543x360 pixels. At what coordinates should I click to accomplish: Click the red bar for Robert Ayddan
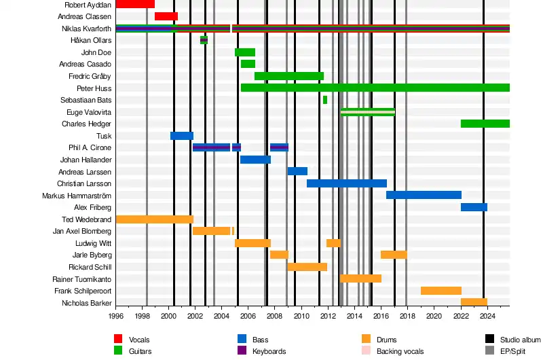pos(135,4)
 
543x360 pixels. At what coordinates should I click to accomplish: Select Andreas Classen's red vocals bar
pos(166,16)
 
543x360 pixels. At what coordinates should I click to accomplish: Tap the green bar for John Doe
pos(245,52)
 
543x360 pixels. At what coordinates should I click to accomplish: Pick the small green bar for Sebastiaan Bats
pos(325,100)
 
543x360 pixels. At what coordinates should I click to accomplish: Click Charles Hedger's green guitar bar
pos(485,124)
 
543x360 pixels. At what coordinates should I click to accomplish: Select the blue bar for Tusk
pos(182,136)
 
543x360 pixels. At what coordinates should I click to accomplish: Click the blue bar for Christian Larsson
pos(347,183)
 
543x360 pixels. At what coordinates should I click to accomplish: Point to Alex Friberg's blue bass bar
pos(474,207)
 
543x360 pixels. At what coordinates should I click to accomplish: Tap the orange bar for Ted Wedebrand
pos(155,219)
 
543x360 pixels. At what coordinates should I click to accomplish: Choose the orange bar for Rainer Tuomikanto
pos(360,278)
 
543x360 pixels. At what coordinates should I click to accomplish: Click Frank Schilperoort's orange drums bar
pos(441,291)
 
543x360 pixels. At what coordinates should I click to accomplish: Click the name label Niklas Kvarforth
pos(86,29)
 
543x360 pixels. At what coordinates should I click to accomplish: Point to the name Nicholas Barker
pos(86,303)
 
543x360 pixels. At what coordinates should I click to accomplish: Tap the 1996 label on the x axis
pos(116,316)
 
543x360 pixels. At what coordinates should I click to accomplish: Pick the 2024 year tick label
pos(487,316)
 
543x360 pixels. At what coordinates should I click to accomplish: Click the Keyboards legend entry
pos(269,351)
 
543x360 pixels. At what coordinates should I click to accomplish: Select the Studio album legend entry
pos(520,340)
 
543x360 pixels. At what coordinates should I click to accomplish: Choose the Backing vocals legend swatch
pos(366,351)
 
